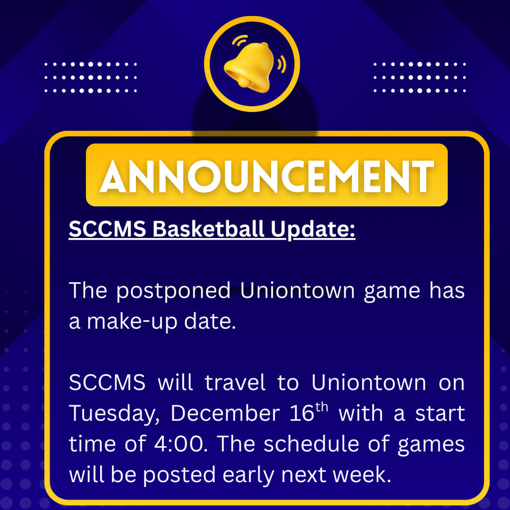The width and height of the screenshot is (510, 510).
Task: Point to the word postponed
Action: click(174, 291)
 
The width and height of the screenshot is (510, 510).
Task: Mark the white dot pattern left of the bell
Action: click(90, 77)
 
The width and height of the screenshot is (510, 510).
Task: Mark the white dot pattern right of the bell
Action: click(419, 77)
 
